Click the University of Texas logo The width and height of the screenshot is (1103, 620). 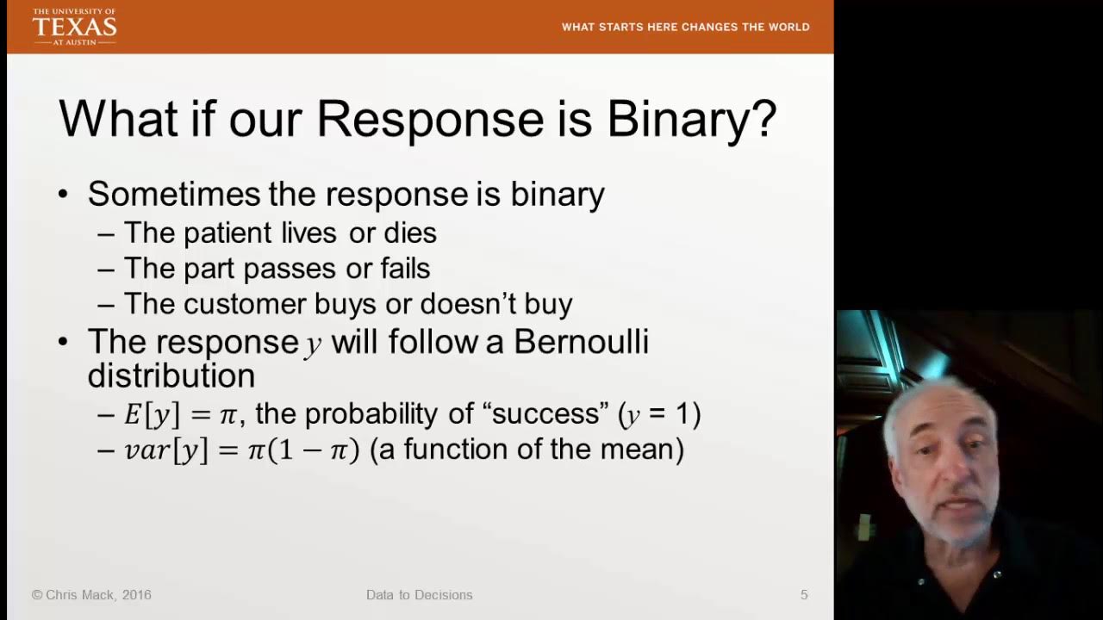pos(74,27)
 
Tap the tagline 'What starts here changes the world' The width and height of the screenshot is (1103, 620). pos(685,27)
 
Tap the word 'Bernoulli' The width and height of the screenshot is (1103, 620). pos(581,342)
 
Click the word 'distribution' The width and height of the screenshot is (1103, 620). pos(171,376)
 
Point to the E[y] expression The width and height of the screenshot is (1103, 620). pos(152,414)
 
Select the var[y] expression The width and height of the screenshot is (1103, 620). pos(165,450)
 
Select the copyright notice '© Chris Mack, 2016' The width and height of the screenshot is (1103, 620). pos(91,595)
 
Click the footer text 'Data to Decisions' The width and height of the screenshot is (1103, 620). pos(419,595)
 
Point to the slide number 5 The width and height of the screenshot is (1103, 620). pos(804,595)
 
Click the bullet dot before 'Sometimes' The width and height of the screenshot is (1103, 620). pos(63,195)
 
